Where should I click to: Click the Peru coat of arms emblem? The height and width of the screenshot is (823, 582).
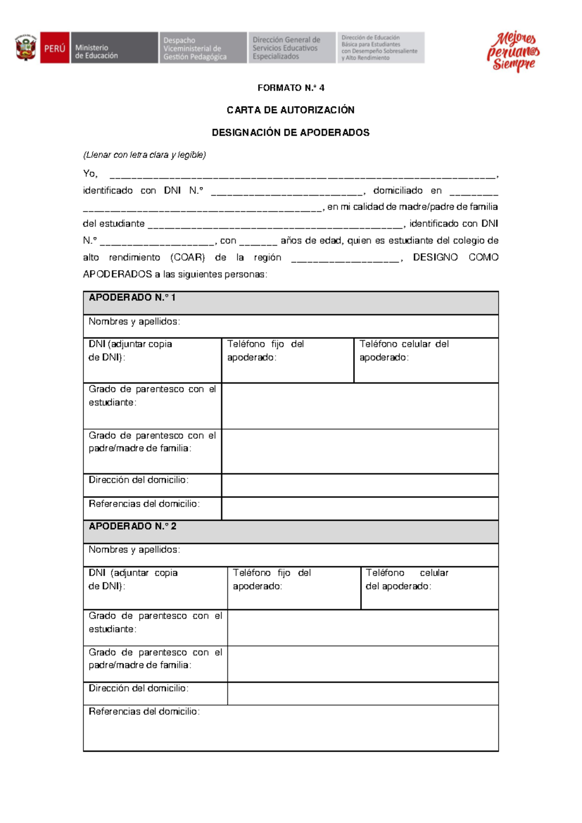(x=26, y=48)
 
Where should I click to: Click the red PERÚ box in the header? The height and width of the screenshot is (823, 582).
(x=54, y=48)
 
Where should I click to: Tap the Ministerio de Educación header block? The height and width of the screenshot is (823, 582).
(x=114, y=48)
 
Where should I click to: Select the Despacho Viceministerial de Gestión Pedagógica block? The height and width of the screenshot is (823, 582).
(x=202, y=48)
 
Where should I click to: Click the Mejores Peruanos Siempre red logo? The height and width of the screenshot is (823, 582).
(x=513, y=51)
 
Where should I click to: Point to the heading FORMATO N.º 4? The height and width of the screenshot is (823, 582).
(x=291, y=88)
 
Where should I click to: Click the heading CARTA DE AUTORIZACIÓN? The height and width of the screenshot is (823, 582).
(x=291, y=110)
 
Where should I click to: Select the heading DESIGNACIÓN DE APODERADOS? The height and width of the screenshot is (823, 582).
(x=291, y=132)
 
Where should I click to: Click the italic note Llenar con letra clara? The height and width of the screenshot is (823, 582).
(x=145, y=155)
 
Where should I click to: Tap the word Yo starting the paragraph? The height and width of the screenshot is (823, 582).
(x=90, y=174)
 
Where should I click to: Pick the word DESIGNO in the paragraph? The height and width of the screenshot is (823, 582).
(x=435, y=257)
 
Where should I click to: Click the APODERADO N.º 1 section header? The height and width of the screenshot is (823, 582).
(x=132, y=297)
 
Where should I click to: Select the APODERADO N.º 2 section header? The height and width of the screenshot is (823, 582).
(x=132, y=526)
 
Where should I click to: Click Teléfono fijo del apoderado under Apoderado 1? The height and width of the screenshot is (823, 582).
(x=265, y=350)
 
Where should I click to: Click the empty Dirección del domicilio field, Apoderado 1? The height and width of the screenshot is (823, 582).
(x=360, y=485)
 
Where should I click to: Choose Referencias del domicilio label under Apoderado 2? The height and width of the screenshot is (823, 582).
(x=144, y=711)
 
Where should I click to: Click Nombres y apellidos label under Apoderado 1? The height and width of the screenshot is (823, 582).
(x=134, y=321)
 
